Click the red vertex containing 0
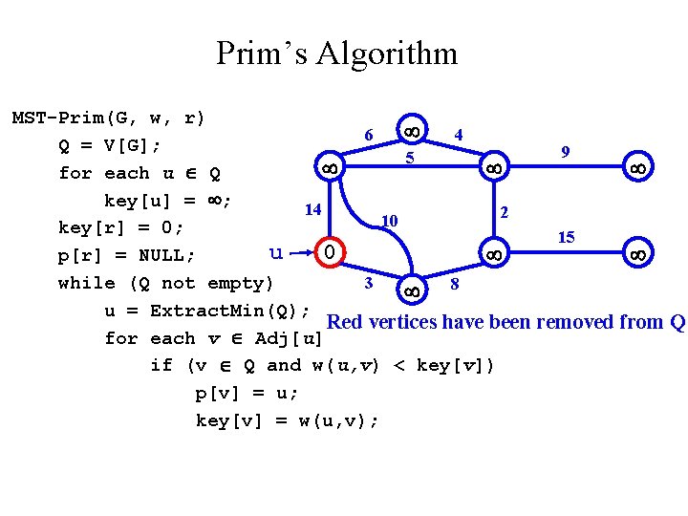click(327, 253)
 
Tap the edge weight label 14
click(312, 209)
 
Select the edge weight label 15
click(566, 236)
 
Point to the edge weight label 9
click(566, 151)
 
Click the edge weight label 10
click(389, 221)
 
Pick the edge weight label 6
click(369, 135)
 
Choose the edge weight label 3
click(369, 283)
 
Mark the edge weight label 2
click(505, 210)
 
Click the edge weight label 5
click(409, 157)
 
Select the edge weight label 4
click(460, 135)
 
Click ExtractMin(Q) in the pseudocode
click(228, 311)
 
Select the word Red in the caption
click(344, 322)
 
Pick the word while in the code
click(81, 283)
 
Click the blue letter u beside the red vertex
click(276, 252)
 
